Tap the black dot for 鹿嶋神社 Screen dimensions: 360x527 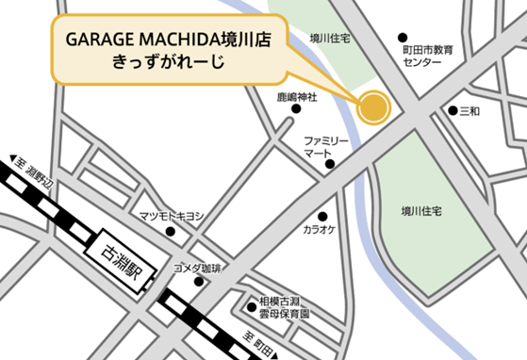296,109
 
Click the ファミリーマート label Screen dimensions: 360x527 326,146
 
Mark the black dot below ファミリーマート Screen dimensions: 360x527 330,165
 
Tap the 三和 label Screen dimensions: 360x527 469,111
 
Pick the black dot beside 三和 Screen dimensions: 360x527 453,111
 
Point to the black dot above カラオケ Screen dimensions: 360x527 323,216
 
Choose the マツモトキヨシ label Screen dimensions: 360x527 172,217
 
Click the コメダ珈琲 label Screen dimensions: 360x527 197,269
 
